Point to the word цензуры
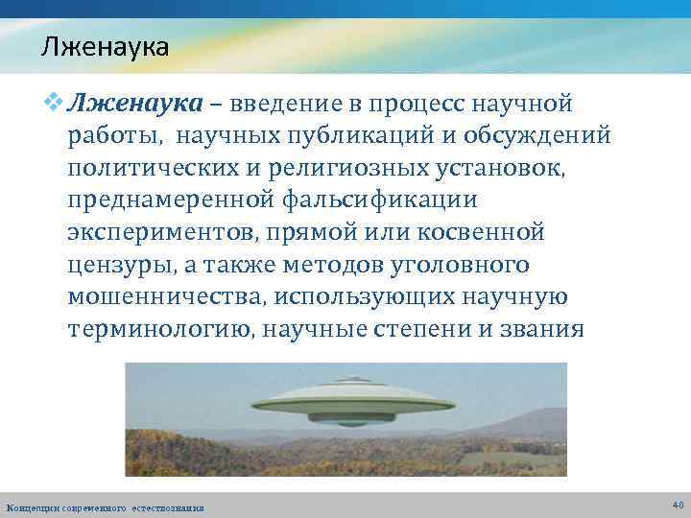coord(118,265)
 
